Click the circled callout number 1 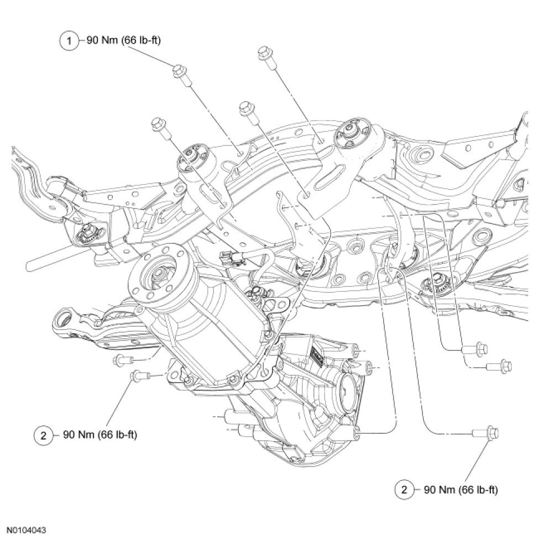pyautogui.click(x=70, y=40)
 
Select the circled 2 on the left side pyautogui.click(x=43, y=435)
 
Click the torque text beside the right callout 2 pyautogui.click(x=460, y=490)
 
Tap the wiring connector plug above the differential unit pyautogui.click(x=229, y=257)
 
